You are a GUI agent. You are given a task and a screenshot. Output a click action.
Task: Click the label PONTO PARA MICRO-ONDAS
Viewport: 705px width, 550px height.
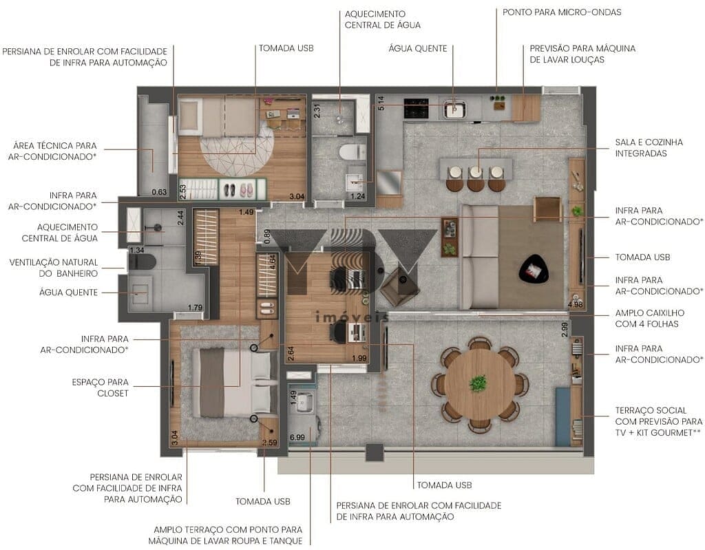[x=562, y=12]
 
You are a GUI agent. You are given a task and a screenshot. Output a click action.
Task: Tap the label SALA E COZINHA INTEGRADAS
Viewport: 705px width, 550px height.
[x=649, y=147]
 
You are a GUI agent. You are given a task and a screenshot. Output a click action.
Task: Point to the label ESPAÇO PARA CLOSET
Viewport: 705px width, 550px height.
[x=100, y=387]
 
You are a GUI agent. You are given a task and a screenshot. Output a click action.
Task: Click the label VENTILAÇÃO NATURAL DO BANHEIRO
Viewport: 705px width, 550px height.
[x=54, y=268]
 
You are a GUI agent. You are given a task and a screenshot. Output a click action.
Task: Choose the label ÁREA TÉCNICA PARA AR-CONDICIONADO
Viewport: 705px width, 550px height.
[x=54, y=151]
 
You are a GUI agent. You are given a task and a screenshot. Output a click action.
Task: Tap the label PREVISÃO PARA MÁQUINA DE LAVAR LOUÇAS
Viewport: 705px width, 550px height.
[x=582, y=54]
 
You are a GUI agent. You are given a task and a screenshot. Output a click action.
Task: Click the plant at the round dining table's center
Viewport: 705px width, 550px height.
[x=478, y=383]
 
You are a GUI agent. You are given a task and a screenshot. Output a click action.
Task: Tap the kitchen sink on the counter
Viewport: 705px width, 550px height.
[x=454, y=109]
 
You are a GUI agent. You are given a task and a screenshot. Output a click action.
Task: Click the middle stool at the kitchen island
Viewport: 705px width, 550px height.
[x=476, y=178]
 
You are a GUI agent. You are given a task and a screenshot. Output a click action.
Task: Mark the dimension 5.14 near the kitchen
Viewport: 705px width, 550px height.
[x=380, y=104]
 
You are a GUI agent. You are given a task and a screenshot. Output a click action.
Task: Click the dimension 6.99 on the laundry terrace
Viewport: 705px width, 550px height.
[x=297, y=437]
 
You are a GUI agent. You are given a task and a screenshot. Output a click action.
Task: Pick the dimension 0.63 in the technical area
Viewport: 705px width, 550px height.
[x=159, y=192]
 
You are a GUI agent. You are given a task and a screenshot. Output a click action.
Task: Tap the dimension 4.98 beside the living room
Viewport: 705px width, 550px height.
[x=575, y=304]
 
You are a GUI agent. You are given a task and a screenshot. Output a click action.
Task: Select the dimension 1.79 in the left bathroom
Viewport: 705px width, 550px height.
[x=196, y=308]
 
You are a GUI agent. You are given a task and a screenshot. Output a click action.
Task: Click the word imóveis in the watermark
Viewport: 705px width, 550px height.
[x=351, y=317]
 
